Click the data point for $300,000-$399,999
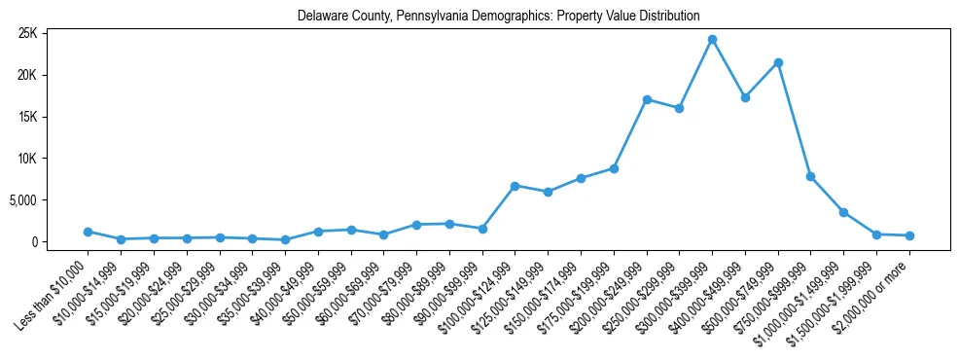pos(712,40)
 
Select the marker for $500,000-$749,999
pos(778,62)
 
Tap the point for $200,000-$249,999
pos(647,99)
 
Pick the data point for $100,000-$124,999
pos(515,186)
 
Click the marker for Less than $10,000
pos(88,232)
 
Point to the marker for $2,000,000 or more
pos(909,235)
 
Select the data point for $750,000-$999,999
pos(810,176)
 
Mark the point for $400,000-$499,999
pos(745,97)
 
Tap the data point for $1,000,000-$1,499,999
pos(843,212)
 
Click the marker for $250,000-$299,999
pos(679,108)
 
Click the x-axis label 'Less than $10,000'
pos(53,287)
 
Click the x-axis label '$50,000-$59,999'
pos(316,287)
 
